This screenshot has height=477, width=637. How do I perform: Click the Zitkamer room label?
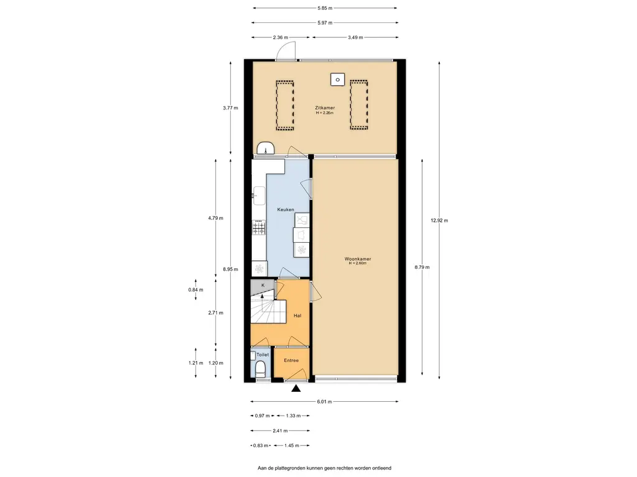[x=325, y=108]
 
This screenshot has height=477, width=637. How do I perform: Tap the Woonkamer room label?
[x=358, y=259]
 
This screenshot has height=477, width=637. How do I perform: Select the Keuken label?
[x=286, y=210]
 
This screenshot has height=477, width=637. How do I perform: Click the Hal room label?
[x=297, y=316]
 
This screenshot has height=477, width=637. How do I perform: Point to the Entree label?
[x=291, y=360]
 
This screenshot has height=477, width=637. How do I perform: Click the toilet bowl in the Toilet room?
[x=261, y=369]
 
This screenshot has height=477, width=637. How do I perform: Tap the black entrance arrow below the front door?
[x=296, y=389]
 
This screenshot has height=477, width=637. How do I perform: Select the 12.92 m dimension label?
[x=440, y=220]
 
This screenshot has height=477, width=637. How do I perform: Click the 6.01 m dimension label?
[x=325, y=402]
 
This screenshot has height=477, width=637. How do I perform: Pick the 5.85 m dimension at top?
[x=325, y=7]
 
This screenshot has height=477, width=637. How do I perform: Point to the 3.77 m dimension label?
[x=230, y=108]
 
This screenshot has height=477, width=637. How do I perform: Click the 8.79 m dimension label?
[x=422, y=267]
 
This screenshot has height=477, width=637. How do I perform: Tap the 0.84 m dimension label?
[x=195, y=289]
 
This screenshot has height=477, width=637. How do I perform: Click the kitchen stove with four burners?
[x=259, y=227]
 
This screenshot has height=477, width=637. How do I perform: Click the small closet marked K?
[x=263, y=287]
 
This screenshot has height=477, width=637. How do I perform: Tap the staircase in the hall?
[x=268, y=311]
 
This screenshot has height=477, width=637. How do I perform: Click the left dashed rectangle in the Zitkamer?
[x=285, y=106]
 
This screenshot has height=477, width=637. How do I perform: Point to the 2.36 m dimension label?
[x=281, y=37]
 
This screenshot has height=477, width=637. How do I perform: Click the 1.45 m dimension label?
[x=292, y=445]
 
